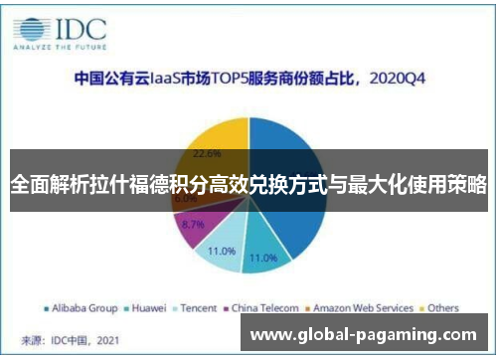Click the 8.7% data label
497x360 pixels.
(194, 225)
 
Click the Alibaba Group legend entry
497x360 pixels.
(83, 308)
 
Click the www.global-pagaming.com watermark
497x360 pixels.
(362, 336)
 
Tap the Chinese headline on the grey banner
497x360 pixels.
(248, 183)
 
